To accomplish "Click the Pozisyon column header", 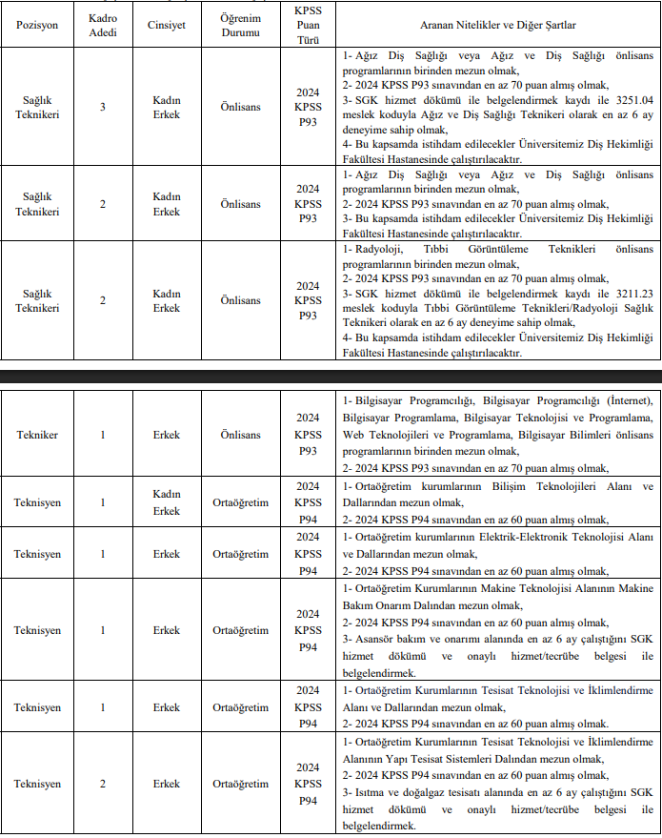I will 37,24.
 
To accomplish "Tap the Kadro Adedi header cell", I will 103,24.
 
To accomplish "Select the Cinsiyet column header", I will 167,24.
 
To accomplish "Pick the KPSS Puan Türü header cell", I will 308,24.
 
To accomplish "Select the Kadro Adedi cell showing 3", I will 103,108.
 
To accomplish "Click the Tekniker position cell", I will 37,435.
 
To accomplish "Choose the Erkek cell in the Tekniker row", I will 167,435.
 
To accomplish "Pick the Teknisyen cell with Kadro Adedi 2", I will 37,784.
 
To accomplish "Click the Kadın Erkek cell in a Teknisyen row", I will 167,501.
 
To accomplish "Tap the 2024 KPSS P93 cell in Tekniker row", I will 308,435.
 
